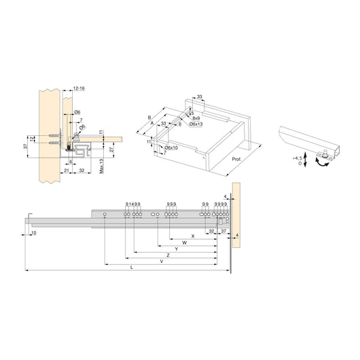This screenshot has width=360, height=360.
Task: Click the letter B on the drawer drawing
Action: tap(149, 117)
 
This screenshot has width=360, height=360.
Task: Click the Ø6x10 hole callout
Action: tap(170, 147)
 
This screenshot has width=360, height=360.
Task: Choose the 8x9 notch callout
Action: tap(198, 118)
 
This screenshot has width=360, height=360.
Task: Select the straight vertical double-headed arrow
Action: tap(307, 161)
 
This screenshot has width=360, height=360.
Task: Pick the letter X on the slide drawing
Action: tap(193, 235)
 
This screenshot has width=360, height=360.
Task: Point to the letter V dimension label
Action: tap(160, 260)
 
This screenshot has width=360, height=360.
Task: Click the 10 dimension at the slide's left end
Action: tap(33, 232)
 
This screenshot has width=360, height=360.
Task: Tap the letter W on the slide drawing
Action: tap(184, 242)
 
